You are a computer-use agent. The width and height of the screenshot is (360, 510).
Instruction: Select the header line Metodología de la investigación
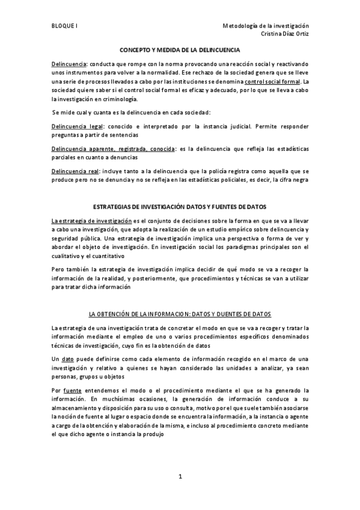click(265, 26)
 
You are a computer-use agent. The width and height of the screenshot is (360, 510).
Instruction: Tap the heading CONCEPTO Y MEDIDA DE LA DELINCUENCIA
click(180, 51)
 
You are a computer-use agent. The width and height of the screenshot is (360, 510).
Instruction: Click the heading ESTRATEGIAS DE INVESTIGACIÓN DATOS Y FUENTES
click(180, 206)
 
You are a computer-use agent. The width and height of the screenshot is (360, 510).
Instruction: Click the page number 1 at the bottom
click(180, 477)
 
